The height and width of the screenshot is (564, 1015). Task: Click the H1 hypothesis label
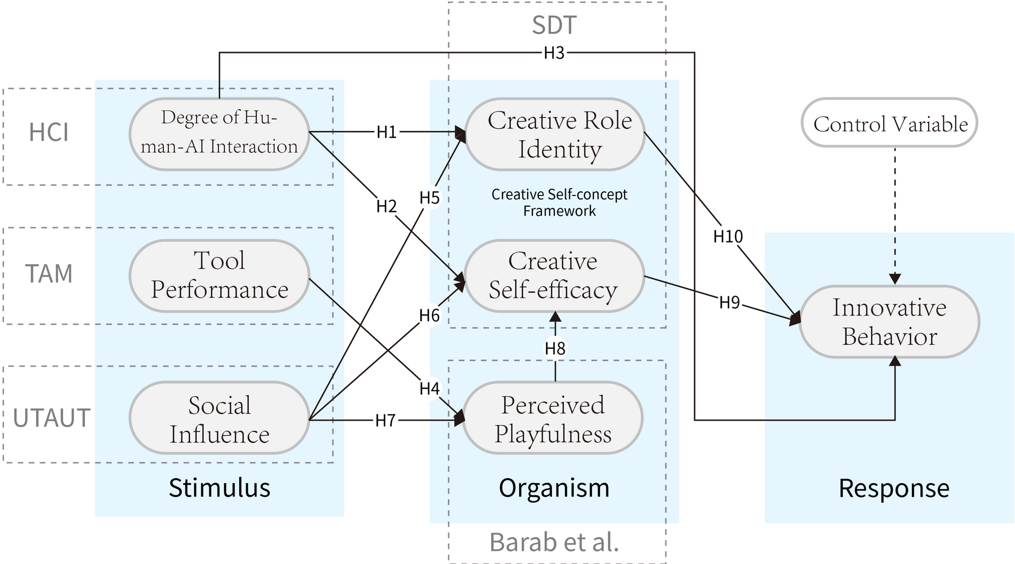click(387, 132)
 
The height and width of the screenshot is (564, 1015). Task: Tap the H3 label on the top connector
click(554, 53)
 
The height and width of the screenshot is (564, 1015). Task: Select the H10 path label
click(728, 236)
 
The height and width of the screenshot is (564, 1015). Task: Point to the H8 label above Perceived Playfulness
click(555, 348)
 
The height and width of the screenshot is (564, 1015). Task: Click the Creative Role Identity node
click(555, 134)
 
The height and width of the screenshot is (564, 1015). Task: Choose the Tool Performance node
click(219, 276)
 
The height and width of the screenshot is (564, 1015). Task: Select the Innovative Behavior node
click(889, 322)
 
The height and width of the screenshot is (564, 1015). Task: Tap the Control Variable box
click(890, 123)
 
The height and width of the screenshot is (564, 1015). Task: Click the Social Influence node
click(219, 419)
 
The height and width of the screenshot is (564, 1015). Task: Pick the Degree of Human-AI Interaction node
click(219, 132)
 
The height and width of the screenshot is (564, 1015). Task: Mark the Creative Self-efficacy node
click(553, 276)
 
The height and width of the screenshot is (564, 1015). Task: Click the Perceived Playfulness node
click(552, 419)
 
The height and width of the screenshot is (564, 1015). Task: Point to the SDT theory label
click(554, 25)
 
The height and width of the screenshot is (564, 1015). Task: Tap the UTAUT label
click(51, 418)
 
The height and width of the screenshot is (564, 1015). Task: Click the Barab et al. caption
click(554, 542)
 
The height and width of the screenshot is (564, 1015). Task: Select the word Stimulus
click(219, 488)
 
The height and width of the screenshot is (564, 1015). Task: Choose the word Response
click(894, 488)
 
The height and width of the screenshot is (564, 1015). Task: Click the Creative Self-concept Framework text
click(559, 202)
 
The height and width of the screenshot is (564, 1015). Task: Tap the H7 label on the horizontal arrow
click(385, 420)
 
